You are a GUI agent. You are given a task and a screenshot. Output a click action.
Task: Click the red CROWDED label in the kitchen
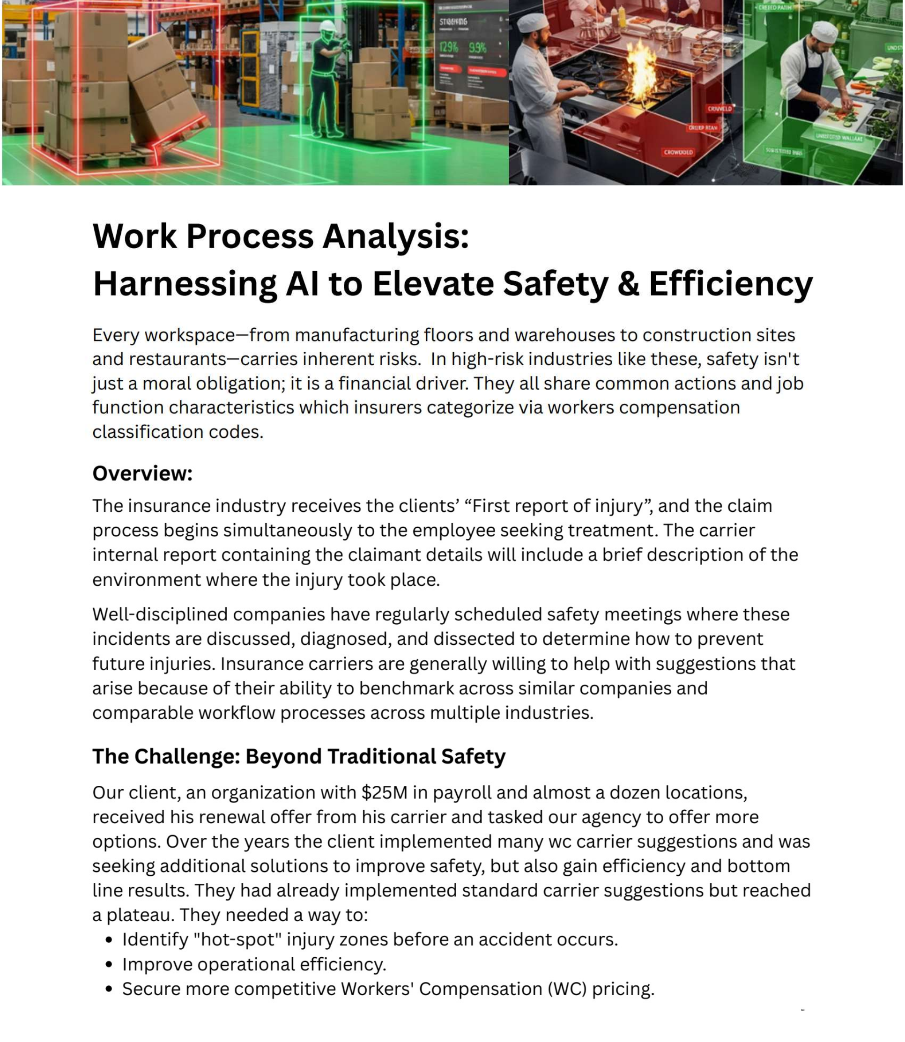coord(678,152)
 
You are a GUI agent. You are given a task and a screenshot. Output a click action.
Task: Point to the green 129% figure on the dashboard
coord(448,47)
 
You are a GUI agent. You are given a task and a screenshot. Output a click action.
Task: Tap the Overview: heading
coord(142,473)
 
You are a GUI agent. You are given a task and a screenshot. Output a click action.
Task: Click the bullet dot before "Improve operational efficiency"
coord(109,964)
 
